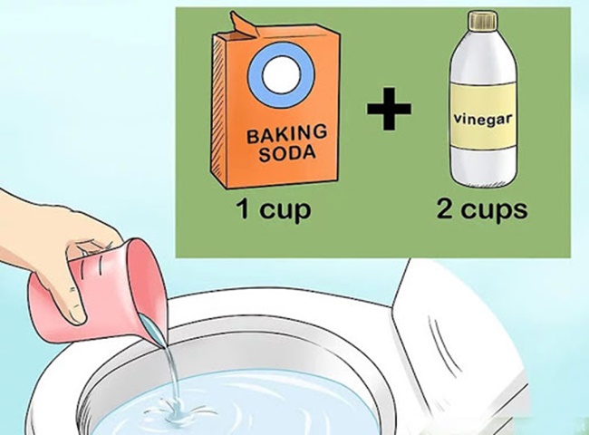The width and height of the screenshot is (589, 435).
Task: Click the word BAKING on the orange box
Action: point(287,133)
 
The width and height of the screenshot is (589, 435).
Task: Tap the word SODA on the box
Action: point(287,153)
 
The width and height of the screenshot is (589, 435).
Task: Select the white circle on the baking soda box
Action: point(281,75)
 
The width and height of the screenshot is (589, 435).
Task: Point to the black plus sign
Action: point(389,109)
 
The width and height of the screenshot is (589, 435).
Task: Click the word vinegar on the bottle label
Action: point(482,119)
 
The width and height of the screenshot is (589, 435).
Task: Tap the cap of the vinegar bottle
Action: point(482,20)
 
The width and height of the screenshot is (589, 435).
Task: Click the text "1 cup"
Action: point(274,209)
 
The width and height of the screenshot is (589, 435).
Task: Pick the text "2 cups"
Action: point(482,209)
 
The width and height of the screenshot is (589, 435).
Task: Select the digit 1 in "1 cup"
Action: point(244,208)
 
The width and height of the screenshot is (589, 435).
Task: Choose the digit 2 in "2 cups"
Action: point(444,208)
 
